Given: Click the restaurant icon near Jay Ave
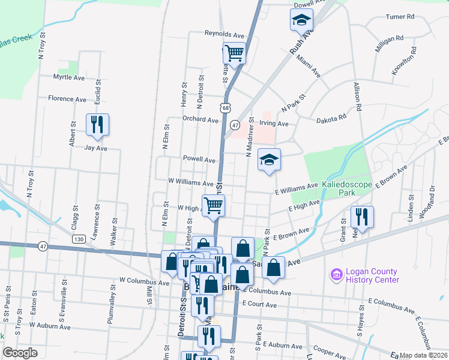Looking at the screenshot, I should tap(97, 124).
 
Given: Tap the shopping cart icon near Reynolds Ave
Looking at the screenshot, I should tap(234, 52).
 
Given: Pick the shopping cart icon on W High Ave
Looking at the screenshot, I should tap(214, 206).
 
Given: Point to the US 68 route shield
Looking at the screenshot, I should tap(224, 107).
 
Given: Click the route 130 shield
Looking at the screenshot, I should tap(79, 239).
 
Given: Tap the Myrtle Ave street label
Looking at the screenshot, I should tap(69, 77).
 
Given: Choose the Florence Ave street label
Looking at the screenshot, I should tap(68, 98).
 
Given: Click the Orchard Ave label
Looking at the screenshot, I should tap(200, 120).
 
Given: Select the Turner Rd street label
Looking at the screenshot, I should tap(400, 17).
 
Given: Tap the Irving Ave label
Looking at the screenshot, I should tap(274, 124).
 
